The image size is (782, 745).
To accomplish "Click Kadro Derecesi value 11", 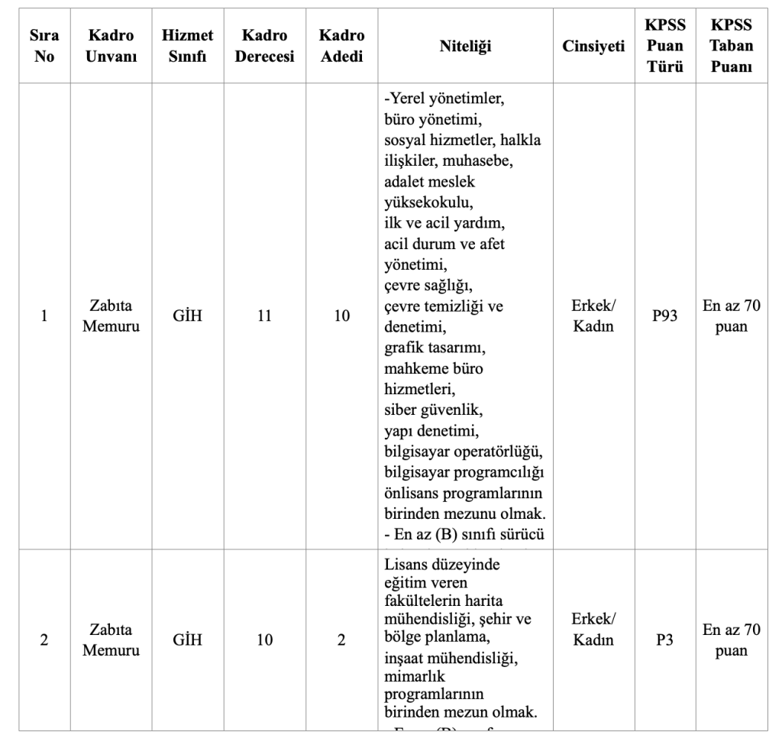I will point(264,316).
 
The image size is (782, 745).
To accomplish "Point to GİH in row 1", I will point(187,316).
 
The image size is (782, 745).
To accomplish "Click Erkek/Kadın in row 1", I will point(593,316).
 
